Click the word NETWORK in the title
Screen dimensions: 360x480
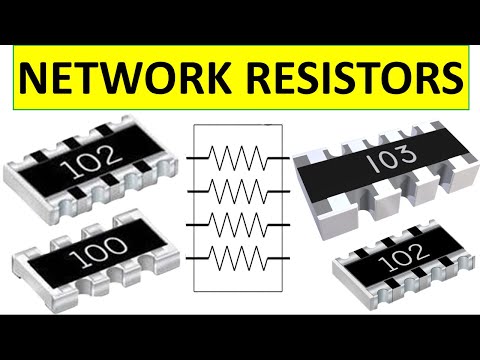click(131, 76)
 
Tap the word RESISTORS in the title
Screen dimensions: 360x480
click(352, 76)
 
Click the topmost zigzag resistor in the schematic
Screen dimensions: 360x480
click(239, 156)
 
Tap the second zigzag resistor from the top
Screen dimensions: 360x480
click(239, 191)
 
